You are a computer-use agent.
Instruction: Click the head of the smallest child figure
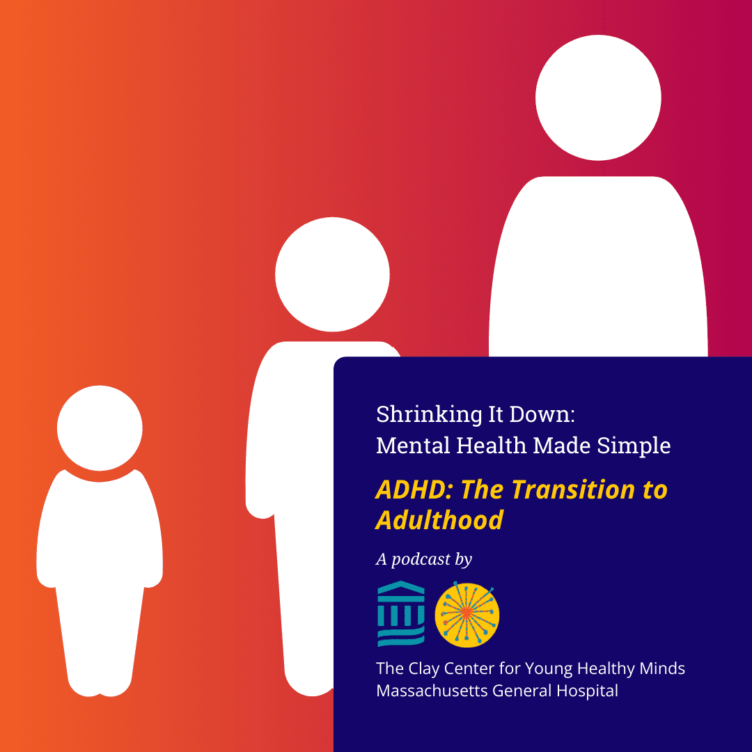100,428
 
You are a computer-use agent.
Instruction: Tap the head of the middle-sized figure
332,274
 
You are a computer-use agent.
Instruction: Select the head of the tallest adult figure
598,97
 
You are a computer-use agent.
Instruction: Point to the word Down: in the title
542,414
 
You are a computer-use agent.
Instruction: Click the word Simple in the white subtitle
634,446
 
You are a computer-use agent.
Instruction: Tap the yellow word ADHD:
415,489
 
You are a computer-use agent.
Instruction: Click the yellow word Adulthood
440,520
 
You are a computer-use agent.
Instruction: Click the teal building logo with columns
401,613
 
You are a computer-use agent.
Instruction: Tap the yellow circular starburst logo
467,615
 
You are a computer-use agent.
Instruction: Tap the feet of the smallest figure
100,685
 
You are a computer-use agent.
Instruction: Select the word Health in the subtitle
491,446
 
